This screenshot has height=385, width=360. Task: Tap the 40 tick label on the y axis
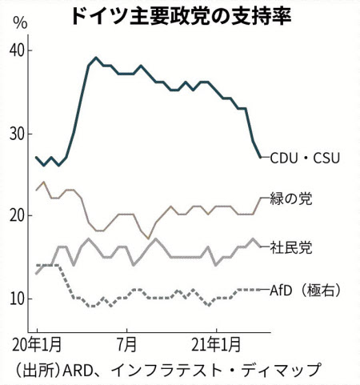(18, 50)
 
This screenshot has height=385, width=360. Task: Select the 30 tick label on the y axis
(18, 133)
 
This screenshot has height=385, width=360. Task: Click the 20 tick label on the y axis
(18, 215)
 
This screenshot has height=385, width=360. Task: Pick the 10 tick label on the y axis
(18, 299)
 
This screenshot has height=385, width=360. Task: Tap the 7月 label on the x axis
(127, 346)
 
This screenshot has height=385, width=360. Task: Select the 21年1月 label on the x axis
(218, 346)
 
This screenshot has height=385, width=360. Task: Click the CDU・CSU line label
(306, 158)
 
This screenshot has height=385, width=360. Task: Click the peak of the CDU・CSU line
(96, 58)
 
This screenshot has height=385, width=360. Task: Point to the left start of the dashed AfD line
(36, 265)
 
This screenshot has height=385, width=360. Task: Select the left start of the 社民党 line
(36, 274)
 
